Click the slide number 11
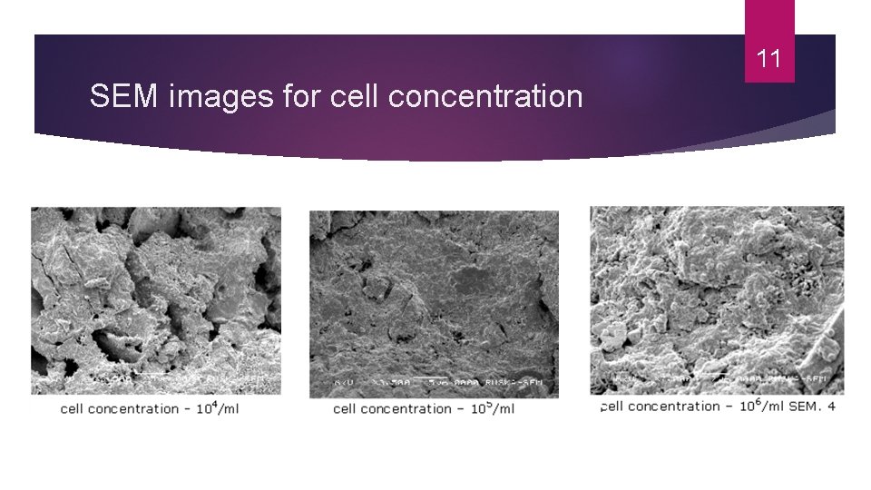768,60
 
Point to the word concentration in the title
484,94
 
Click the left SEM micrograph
156,290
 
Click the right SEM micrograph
717,290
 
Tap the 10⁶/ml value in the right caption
759,406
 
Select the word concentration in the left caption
135,409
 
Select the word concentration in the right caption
676,407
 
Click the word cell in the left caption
73,409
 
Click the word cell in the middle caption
346,409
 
